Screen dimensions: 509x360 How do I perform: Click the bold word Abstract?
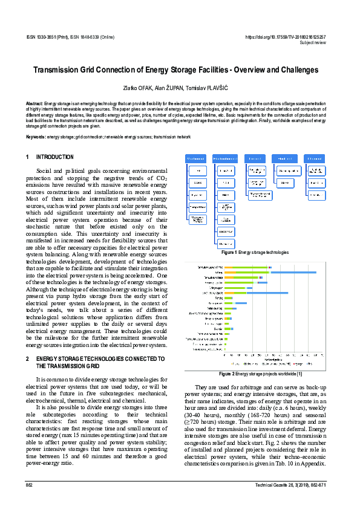click(34, 104)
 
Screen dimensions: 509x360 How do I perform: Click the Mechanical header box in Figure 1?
click(196, 158)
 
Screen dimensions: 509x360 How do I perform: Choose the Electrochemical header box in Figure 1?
click(226, 158)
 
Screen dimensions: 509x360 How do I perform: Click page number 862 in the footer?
click(29, 485)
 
